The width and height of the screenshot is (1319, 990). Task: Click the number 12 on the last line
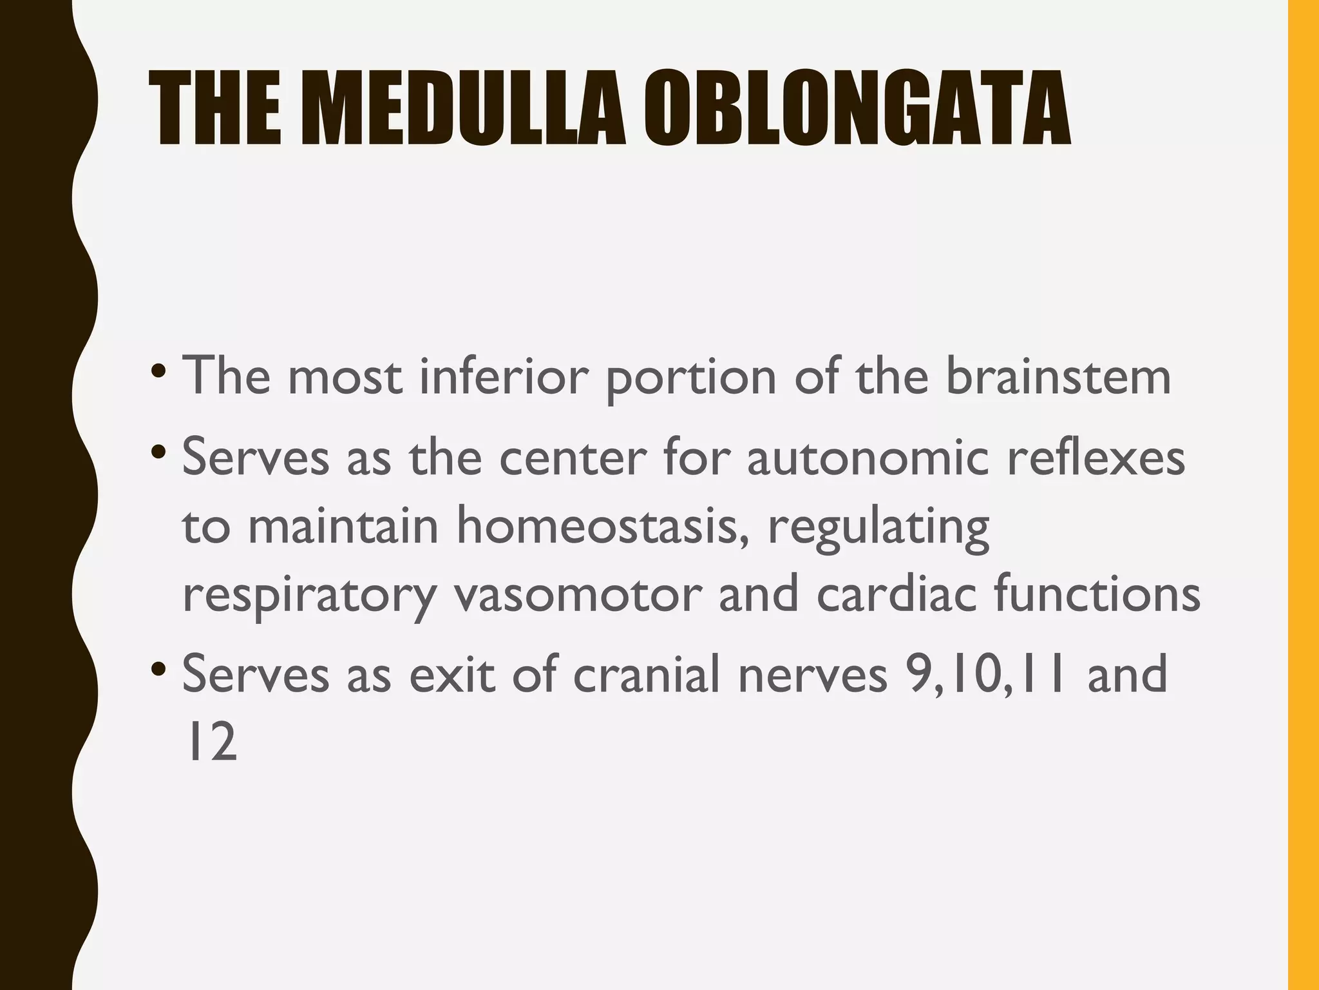[x=210, y=742]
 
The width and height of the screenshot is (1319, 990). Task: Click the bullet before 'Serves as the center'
[x=157, y=454]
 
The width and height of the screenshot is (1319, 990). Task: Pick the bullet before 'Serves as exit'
[x=157, y=670]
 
